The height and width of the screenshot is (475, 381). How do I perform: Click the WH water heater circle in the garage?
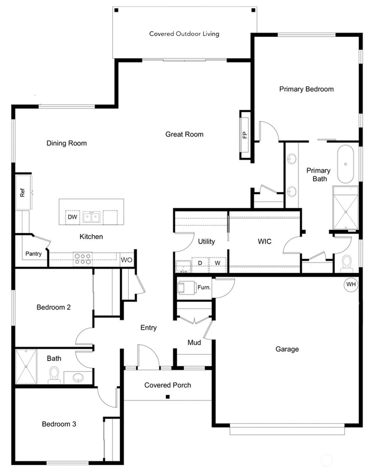pyautogui.click(x=351, y=285)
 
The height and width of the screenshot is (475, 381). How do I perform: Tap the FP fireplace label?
pyautogui.click(x=245, y=135)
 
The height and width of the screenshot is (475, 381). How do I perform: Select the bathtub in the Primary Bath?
pyautogui.click(x=345, y=164)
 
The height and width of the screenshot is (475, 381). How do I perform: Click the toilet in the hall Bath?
pyautogui.click(x=54, y=375)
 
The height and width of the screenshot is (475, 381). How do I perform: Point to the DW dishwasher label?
pyautogui.click(x=73, y=217)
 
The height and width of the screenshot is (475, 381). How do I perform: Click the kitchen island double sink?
pyautogui.click(x=91, y=217)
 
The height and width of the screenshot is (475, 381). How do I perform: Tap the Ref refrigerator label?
pyautogui.click(x=22, y=193)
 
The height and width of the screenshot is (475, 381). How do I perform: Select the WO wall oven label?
pyautogui.click(x=126, y=260)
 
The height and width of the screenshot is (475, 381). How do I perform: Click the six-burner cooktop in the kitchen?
pyautogui.click(x=83, y=259)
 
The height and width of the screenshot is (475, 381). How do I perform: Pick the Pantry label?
pyautogui.click(x=33, y=254)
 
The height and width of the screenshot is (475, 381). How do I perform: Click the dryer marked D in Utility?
pyautogui.click(x=200, y=263)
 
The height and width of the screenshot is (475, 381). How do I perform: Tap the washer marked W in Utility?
pyautogui.click(x=218, y=263)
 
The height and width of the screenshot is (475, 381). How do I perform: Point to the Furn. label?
pyautogui.click(x=204, y=288)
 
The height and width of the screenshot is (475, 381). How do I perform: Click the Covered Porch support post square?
pyautogui.click(x=168, y=397)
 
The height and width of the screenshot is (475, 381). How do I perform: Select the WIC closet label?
pyautogui.click(x=265, y=241)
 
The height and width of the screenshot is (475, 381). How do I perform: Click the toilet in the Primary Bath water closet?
pyautogui.click(x=347, y=263)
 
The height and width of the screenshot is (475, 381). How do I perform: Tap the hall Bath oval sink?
pyautogui.click(x=78, y=377)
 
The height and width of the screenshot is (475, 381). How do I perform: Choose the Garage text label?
pyautogui.click(x=287, y=349)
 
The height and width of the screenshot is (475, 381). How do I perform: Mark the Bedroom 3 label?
pyautogui.click(x=59, y=424)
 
